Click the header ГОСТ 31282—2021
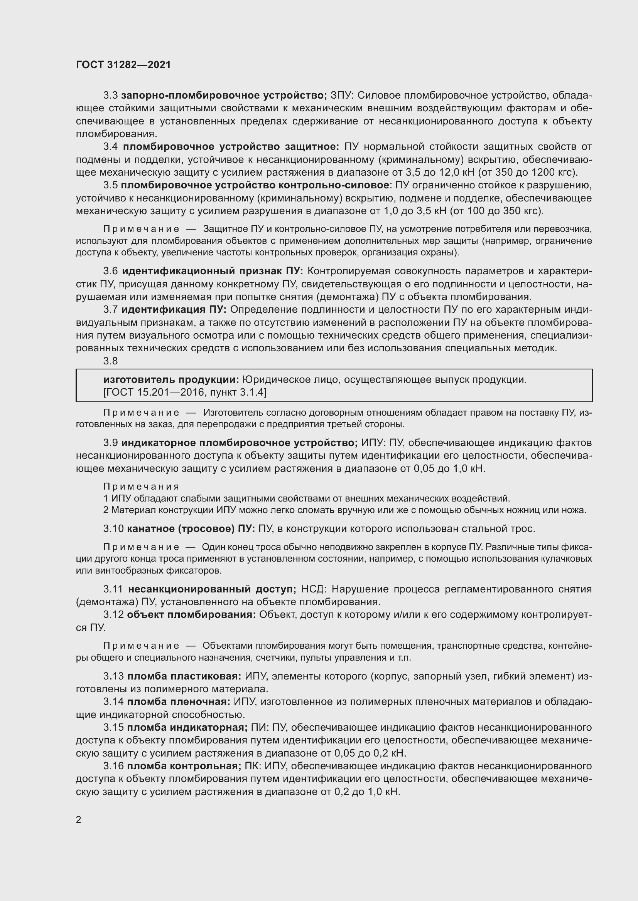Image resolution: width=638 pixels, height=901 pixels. click(x=123, y=65)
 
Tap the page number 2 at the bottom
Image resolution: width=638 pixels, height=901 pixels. click(x=79, y=819)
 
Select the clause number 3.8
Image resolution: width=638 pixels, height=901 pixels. click(x=110, y=361)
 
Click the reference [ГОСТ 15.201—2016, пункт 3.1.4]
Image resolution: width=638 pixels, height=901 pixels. click(x=185, y=393)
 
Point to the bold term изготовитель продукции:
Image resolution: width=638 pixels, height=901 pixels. click(x=171, y=379)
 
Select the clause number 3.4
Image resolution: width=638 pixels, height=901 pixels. click(x=110, y=147)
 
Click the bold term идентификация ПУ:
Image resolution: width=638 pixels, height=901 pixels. click(x=174, y=310)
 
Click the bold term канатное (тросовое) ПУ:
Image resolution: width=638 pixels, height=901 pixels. click(x=191, y=529)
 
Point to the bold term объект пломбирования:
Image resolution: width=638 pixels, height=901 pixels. click(x=191, y=614)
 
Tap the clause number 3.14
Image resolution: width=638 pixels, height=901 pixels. click(x=113, y=701)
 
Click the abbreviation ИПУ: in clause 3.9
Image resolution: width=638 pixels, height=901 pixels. click(x=373, y=443)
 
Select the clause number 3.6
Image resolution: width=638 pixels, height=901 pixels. click(x=110, y=271)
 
